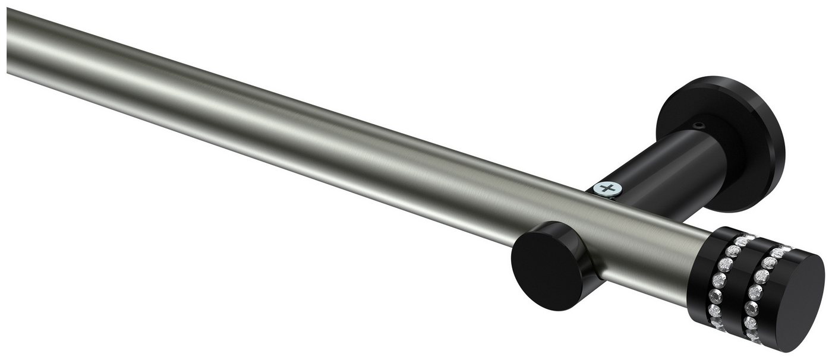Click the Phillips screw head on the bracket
[606, 190]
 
